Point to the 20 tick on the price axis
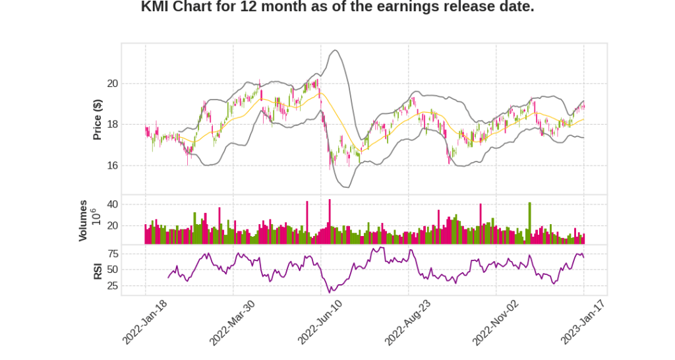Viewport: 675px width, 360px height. tap(112, 84)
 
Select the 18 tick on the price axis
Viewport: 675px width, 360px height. tap(112, 125)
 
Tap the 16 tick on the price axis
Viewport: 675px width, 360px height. tap(112, 165)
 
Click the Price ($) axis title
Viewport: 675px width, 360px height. tap(98, 119)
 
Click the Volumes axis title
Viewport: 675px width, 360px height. tap(83, 220)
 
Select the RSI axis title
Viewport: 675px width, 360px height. tap(98, 270)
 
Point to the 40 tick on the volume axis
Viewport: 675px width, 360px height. tap(112, 205)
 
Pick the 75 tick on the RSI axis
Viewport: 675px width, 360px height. tap(112, 254)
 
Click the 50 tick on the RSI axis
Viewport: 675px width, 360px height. tap(112, 270)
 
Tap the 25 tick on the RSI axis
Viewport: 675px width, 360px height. tap(112, 286)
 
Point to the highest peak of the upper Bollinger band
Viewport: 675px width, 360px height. tap(336, 50)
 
